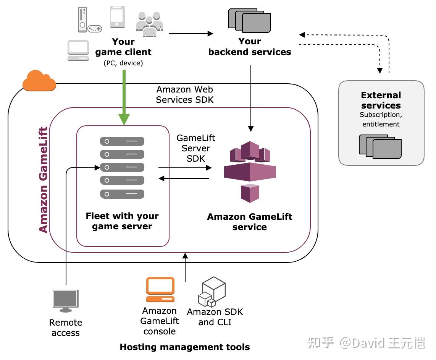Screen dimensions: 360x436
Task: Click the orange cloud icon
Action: click(39, 81)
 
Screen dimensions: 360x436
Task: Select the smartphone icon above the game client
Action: click(117, 17)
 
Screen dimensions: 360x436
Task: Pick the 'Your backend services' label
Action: click(250, 47)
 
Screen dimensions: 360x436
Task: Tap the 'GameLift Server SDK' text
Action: click(195, 148)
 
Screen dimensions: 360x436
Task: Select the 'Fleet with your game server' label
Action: click(122, 221)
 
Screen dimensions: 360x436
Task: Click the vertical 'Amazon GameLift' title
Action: click(44, 180)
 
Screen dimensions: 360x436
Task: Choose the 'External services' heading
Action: click(381, 100)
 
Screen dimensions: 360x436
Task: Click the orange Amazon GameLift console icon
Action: click(160, 290)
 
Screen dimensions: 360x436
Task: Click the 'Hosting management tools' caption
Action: click(185, 347)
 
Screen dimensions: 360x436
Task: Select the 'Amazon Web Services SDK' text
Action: click(185, 94)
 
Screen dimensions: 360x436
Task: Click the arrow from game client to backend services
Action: click(191, 34)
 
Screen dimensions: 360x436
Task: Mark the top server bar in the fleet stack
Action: click(122, 141)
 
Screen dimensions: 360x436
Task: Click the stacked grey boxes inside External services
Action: click(380, 146)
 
